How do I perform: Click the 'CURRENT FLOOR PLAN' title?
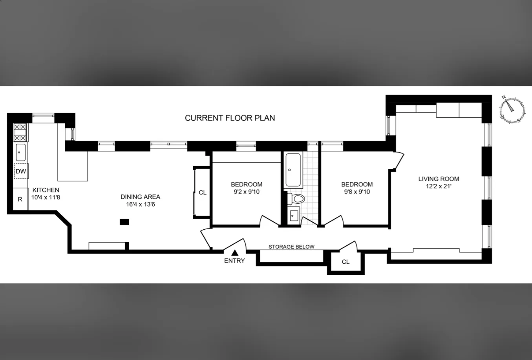coord(230,118)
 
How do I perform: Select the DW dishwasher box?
coord(21,171)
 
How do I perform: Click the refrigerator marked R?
coord(20,199)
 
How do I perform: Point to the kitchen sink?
coord(20,152)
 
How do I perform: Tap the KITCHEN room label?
coord(46,190)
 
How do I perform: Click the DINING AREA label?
coord(140,197)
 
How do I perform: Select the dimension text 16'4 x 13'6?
coord(140,204)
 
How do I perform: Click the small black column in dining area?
coord(124,222)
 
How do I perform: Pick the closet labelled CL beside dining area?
coord(202,192)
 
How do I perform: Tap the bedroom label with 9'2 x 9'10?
coord(247,185)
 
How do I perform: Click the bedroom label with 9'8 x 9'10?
coord(357,185)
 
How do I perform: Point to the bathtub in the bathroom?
coord(293,170)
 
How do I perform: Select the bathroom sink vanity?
coord(293,216)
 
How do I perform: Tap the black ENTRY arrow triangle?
coord(234,253)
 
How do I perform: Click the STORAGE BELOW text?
coord(291,247)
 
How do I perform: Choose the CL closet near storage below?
coord(346,262)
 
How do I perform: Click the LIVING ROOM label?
coord(439,179)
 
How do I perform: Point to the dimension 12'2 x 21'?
coord(439,186)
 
